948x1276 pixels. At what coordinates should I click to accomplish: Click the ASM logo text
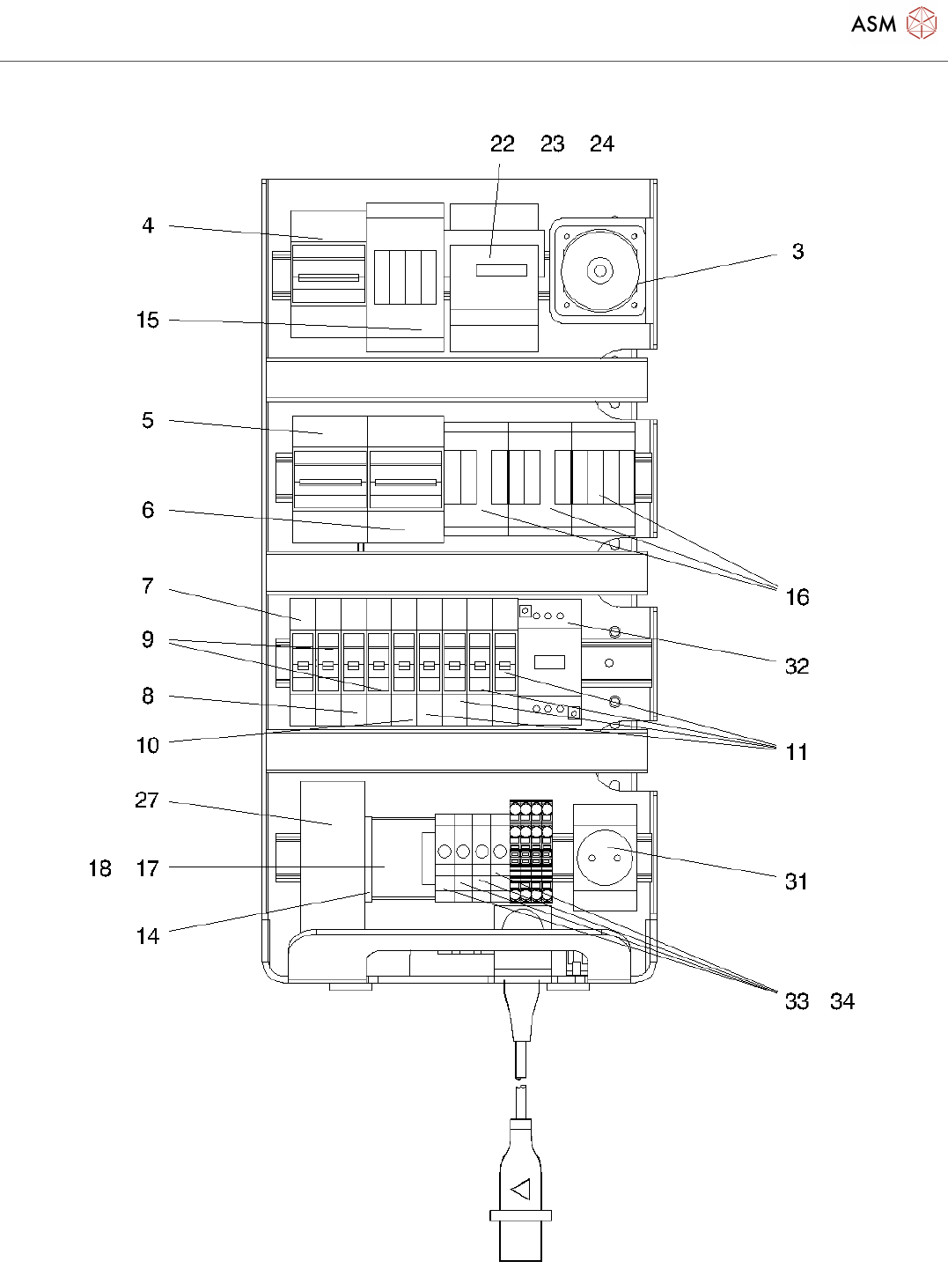[x=873, y=25]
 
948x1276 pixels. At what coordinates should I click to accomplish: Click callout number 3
[x=797, y=252]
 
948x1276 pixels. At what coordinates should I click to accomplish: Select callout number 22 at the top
[x=503, y=144]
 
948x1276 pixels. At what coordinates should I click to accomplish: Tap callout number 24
[x=602, y=144]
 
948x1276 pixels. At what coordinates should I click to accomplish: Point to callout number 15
[x=148, y=321]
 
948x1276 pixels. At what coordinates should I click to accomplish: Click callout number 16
[x=797, y=598]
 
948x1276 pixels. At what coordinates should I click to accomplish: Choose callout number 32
[x=797, y=667]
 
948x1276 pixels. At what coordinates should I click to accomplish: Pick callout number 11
[x=797, y=752]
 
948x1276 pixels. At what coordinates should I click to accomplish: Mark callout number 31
[x=797, y=881]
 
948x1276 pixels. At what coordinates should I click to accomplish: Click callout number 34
[x=842, y=1002]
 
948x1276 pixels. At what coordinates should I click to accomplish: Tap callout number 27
[x=147, y=800]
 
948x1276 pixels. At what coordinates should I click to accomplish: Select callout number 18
[x=100, y=869]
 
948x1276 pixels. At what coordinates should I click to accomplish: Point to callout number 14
[x=148, y=936]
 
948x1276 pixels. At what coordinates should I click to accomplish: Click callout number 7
[x=148, y=586]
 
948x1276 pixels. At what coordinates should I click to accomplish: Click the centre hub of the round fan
[x=600, y=271]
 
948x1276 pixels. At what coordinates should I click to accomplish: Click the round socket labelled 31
[x=606, y=856]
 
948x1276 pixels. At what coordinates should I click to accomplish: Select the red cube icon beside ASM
[x=922, y=24]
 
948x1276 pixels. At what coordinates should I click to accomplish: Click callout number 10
[x=148, y=746]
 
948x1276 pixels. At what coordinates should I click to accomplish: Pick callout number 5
[x=148, y=421]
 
